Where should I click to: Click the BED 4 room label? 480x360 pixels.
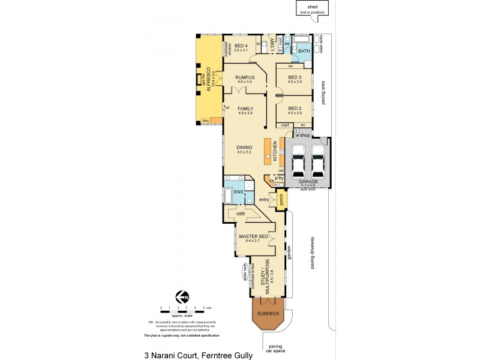coord(241,46)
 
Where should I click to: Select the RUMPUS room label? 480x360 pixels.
coord(245,77)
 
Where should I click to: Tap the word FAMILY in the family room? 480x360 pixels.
coord(246,109)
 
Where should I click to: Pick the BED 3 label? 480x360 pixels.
coord(294,77)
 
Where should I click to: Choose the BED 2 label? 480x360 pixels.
coord(294,109)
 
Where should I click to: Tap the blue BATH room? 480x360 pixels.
coord(304,52)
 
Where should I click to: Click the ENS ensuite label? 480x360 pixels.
coord(238,192)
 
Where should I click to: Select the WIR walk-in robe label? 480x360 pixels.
coord(241,214)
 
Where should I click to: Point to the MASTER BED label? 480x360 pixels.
coord(249,236)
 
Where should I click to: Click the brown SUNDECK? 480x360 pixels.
coord(268,314)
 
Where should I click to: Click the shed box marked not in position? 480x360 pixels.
coord(312,8)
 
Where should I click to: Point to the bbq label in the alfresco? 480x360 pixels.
coord(206,121)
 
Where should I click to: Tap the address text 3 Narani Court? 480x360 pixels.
coord(199,355)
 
